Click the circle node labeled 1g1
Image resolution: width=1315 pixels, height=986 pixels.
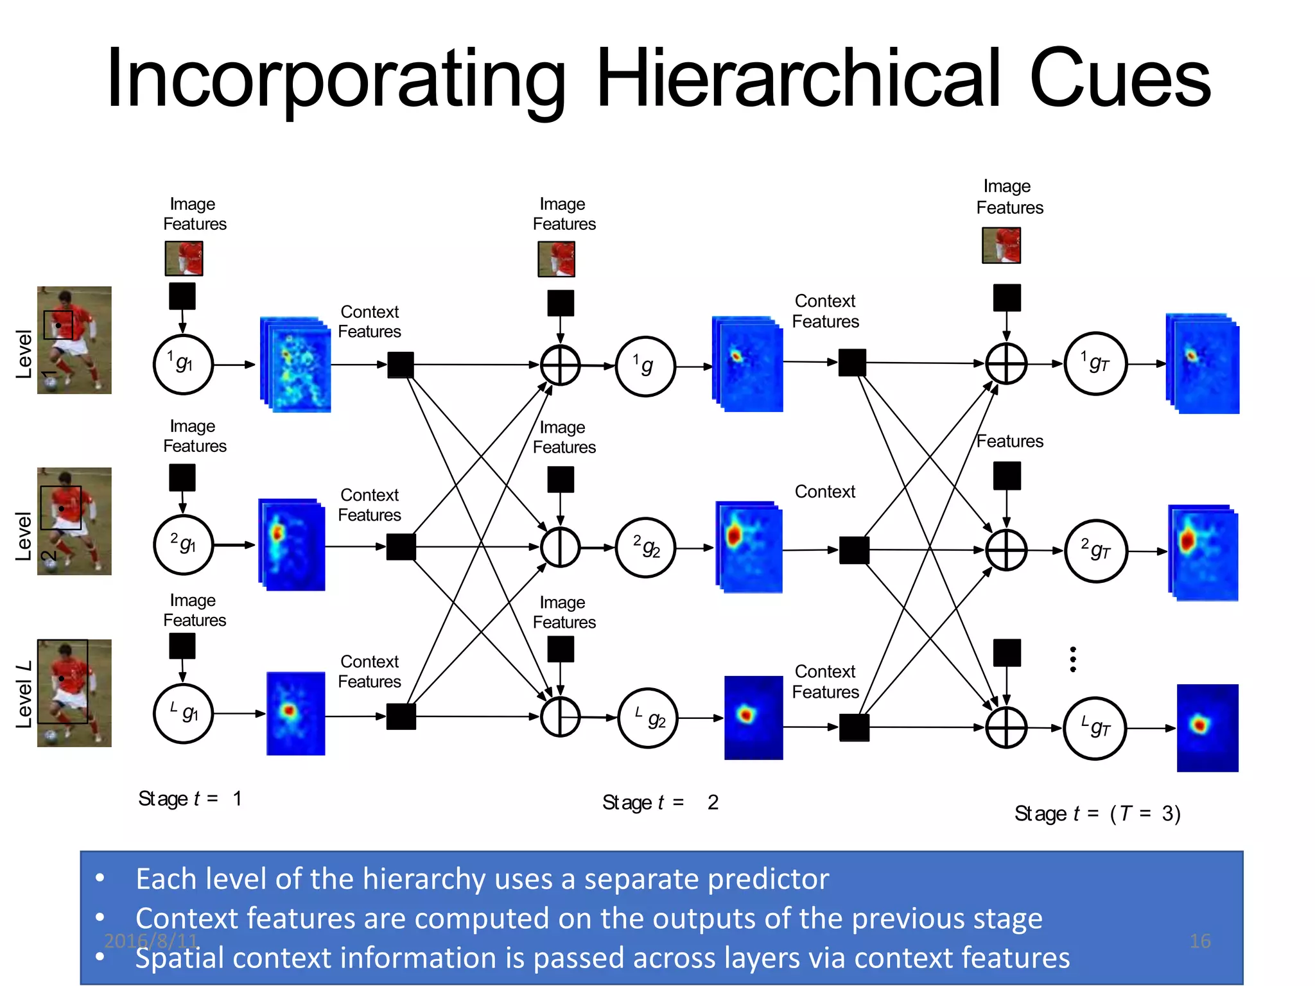tap(183, 364)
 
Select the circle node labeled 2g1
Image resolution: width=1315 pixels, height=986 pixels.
tap(183, 544)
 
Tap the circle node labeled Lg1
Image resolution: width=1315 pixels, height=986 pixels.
tap(183, 713)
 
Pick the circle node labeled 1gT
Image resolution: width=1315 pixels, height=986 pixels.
tap(1095, 364)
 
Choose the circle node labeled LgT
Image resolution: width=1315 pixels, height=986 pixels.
tap(1095, 728)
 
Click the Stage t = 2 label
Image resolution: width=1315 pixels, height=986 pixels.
tap(660, 802)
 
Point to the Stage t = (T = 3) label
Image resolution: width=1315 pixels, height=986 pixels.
tap(1097, 813)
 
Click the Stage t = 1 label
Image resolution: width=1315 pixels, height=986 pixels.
tap(190, 799)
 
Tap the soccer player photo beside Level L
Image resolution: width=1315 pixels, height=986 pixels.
tap(74, 693)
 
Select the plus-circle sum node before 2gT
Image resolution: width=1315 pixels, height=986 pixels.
tap(1006, 550)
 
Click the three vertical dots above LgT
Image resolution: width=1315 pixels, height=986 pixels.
tap(1073, 659)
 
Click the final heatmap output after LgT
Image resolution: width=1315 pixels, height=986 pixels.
tap(1207, 727)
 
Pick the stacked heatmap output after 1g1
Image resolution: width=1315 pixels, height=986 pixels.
tap(296, 364)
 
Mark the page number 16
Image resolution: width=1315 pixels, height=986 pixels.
tap(1199, 941)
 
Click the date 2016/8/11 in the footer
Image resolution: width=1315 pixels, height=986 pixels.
tap(151, 941)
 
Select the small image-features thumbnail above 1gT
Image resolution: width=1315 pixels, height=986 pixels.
tap(1001, 245)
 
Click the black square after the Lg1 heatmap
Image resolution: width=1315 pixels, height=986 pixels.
tap(401, 716)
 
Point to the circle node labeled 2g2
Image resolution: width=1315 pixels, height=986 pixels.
tap(645, 548)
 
